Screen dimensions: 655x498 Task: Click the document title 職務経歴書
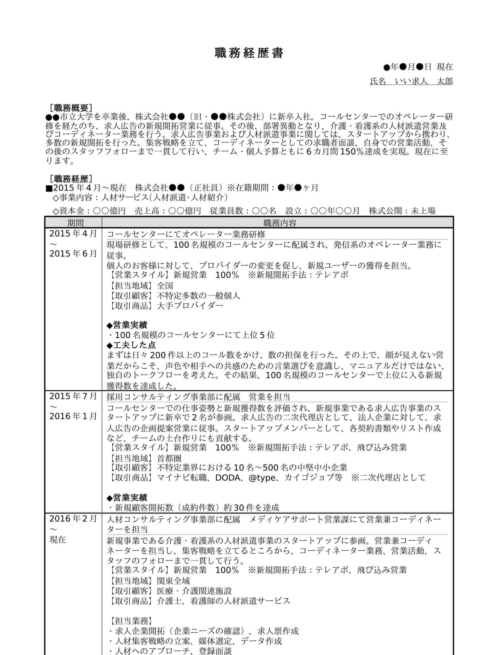[249, 53]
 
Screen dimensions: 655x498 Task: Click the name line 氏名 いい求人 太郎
[411, 81]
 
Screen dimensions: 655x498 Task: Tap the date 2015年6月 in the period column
[73, 254]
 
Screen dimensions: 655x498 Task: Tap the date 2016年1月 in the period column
[73, 416]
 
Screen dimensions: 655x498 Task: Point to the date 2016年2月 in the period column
[73, 519]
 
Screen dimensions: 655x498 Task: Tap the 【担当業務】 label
[130, 621]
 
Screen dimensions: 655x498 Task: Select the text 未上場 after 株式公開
[423, 211]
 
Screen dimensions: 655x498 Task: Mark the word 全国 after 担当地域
[165, 286]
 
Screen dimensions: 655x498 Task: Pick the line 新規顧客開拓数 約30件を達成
[193, 508]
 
